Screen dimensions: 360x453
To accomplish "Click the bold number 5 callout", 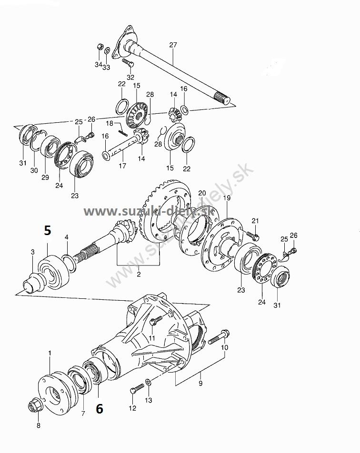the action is pyautogui.click(x=48, y=230).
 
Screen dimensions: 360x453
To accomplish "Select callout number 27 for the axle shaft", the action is pyautogui.click(x=173, y=45).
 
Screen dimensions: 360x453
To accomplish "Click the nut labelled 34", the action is pyautogui.click(x=99, y=46).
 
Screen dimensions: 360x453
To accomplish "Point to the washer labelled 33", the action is pyautogui.click(x=107, y=50).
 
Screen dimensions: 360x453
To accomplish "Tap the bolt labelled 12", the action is pyautogui.click(x=137, y=388).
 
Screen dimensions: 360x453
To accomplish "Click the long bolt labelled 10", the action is pyautogui.click(x=219, y=337).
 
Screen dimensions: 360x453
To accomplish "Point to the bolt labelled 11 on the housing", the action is pyautogui.click(x=156, y=321).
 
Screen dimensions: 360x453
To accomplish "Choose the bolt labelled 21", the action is pyautogui.click(x=253, y=236).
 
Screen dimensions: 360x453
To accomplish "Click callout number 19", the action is pyautogui.click(x=227, y=198).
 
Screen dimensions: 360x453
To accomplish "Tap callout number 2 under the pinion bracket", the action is pyautogui.click(x=139, y=274).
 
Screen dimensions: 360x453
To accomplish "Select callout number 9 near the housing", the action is pyautogui.click(x=200, y=383).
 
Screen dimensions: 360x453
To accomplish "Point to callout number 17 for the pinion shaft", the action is pyautogui.click(x=122, y=166).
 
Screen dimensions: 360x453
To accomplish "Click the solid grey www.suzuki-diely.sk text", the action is pyautogui.click(x=149, y=211).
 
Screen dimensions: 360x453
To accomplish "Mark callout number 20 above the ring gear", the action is pyautogui.click(x=202, y=193).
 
